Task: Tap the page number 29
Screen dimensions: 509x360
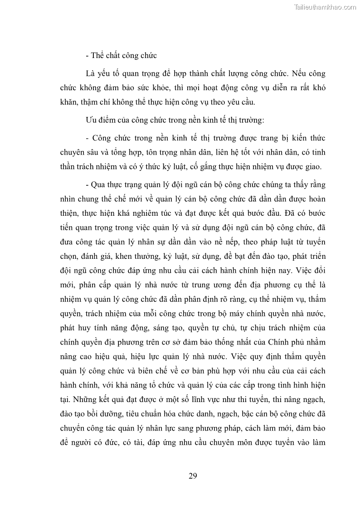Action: (x=193, y=475)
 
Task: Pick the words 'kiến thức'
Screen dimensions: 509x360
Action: (x=308, y=137)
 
